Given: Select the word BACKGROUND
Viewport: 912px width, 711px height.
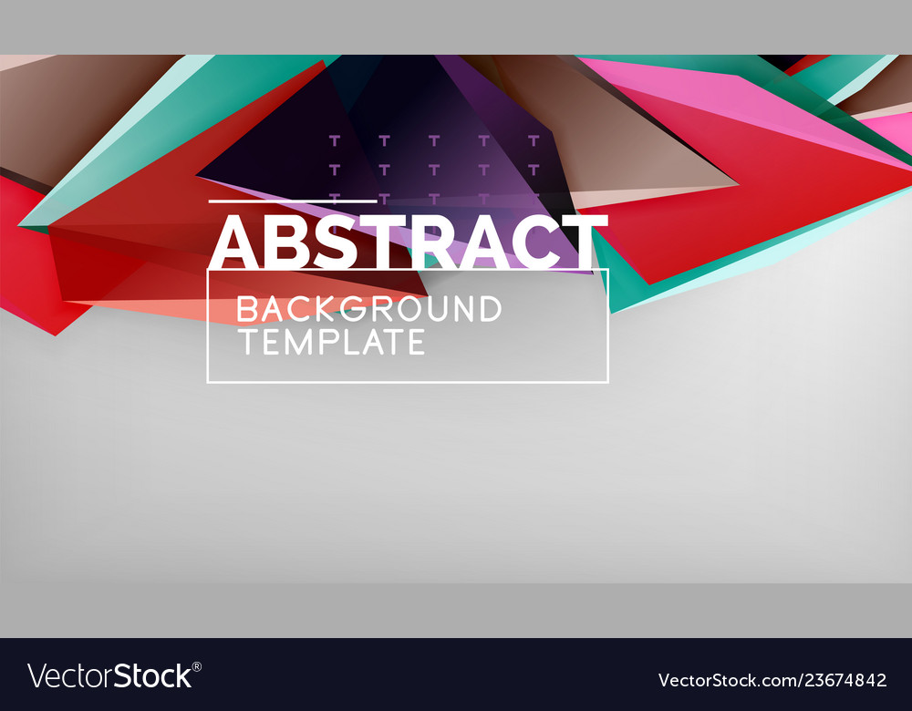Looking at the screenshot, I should point(369,309).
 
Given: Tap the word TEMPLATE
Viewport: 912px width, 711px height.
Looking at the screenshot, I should point(331,342).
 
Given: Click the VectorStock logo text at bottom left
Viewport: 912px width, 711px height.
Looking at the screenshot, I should point(109,676).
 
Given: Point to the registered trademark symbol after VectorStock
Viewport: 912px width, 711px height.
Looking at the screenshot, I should point(197,667).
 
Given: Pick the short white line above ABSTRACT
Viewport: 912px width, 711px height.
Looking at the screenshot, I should point(293,201).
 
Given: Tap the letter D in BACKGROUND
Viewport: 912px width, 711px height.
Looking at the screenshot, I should point(489,309).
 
